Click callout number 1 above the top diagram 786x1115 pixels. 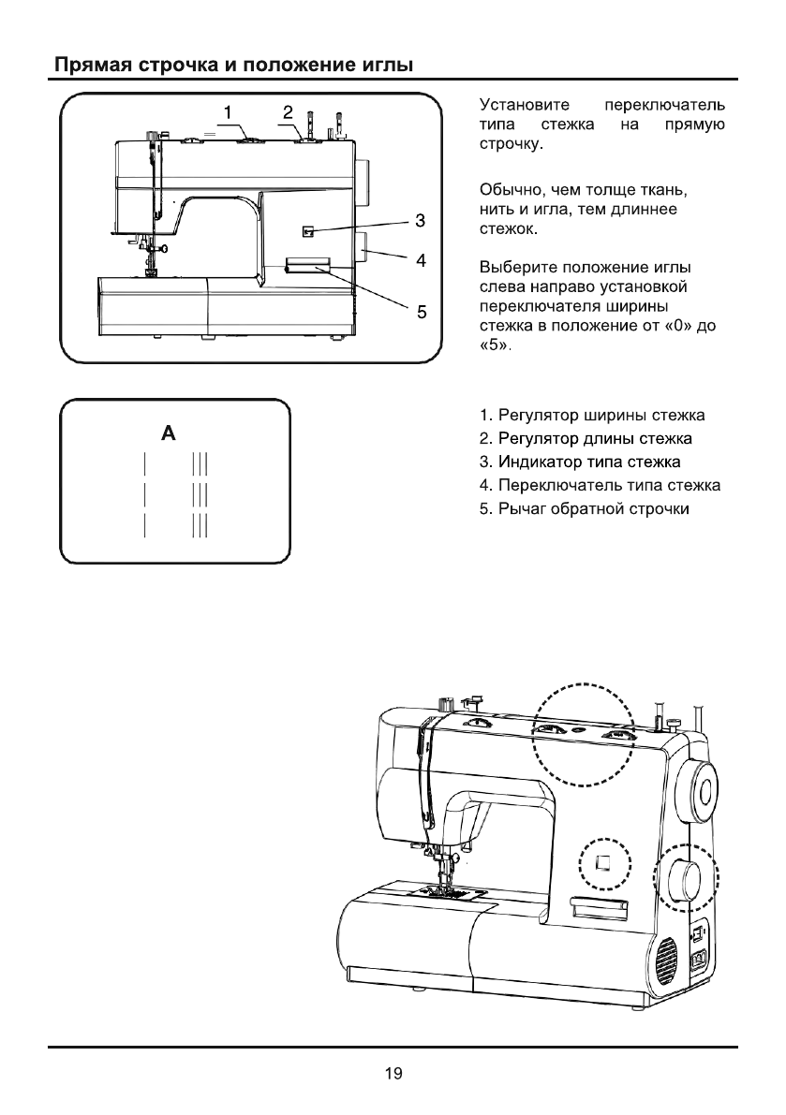[227, 113]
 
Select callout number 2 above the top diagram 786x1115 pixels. [288, 112]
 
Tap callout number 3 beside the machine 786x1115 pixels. [422, 221]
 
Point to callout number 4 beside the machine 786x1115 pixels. [422, 260]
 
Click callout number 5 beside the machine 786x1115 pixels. [422, 313]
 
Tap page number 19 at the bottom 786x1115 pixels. [393, 1074]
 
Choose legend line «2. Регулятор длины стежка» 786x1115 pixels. [585, 438]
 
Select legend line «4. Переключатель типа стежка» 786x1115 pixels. [599, 486]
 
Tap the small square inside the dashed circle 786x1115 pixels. [604, 861]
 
